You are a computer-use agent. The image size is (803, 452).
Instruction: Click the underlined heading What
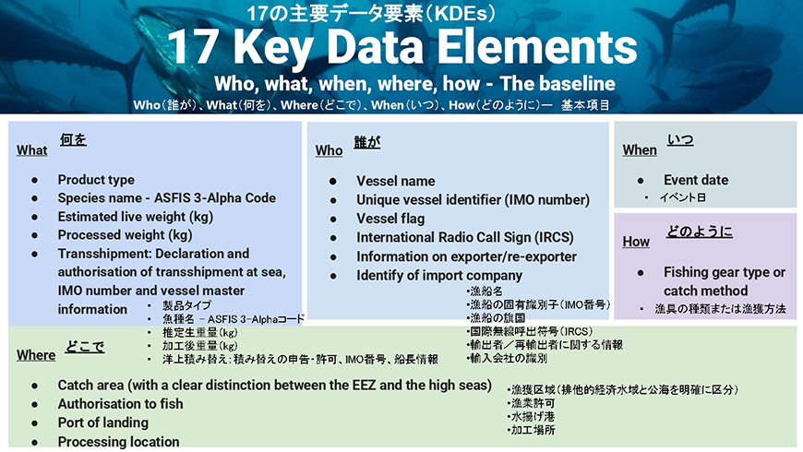31,150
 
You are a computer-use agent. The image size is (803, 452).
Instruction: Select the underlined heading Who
329,150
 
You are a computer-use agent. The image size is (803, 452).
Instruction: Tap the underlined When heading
640,150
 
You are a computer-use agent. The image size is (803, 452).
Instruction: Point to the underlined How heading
636,242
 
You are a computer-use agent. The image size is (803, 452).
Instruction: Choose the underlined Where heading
36,355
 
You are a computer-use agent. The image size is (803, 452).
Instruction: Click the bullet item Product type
96,180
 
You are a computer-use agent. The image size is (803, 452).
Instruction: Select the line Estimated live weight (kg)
135,217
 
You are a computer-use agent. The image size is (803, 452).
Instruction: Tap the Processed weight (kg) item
125,235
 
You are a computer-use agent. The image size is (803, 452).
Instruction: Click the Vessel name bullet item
396,181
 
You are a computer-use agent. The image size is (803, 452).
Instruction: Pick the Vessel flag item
390,220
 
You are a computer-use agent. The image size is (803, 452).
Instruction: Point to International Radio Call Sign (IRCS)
465,238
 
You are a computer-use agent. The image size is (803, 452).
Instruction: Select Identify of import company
439,276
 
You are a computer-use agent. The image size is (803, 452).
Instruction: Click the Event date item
696,180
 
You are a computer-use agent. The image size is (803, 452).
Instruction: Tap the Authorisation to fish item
120,404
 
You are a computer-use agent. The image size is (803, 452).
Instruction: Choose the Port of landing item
103,422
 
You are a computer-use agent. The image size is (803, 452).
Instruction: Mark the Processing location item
118,442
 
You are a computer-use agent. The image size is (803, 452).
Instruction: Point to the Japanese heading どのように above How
700,232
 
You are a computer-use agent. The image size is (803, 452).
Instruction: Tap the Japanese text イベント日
682,197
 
